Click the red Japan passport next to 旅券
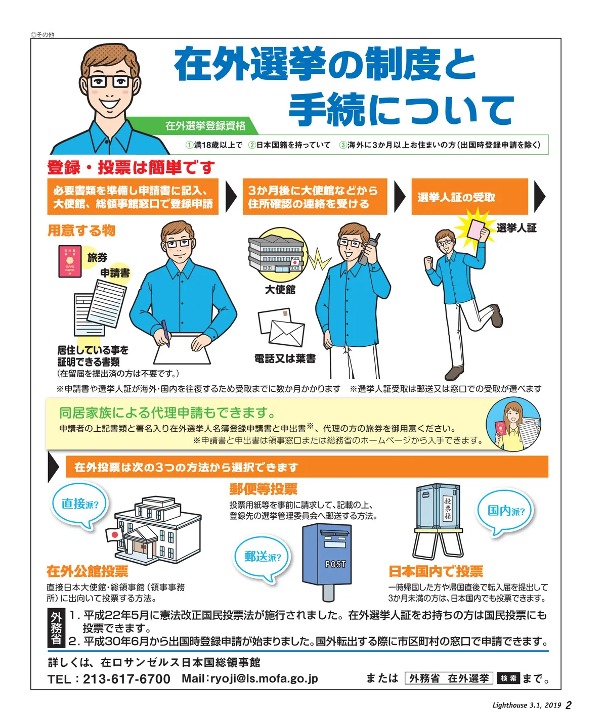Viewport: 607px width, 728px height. tap(70, 261)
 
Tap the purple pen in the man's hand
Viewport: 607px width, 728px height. tap(165, 334)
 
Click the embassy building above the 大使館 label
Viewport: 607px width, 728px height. tap(276, 254)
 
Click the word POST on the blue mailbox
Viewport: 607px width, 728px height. tap(335, 564)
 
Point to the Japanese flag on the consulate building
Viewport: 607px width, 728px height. tap(114, 534)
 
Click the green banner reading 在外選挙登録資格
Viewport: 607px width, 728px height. tap(205, 125)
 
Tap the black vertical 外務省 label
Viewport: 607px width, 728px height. tap(56, 628)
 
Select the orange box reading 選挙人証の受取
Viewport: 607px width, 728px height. tap(469, 197)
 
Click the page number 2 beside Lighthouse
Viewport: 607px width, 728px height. tap(569, 705)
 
